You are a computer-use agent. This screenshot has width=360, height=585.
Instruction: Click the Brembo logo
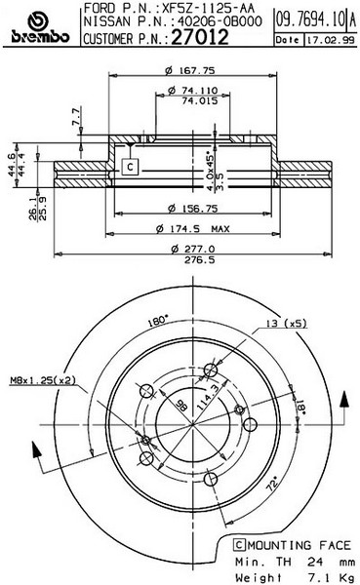click(40, 28)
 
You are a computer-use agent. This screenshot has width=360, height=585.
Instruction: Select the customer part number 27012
click(200, 37)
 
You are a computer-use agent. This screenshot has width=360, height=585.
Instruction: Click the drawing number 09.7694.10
click(310, 19)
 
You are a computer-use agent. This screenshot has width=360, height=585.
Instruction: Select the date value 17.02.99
click(331, 40)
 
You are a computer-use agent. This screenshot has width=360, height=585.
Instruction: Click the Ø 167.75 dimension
click(190, 70)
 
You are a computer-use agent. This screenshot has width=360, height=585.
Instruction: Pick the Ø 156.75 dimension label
click(192, 209)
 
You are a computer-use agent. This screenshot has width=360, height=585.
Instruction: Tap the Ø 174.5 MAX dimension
click(192, 228)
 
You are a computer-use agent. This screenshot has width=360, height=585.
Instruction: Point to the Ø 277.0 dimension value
click(193, 249)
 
